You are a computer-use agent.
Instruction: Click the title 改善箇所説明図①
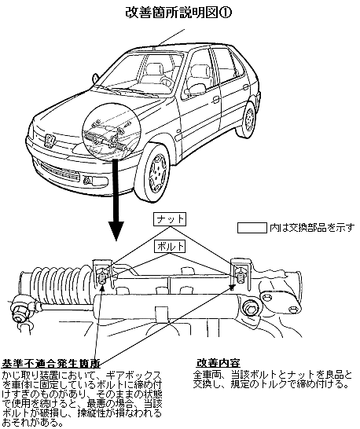pyautogui.click(x=178, y=13)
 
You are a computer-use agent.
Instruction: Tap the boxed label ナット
pyautogui.click(x=170, y=219)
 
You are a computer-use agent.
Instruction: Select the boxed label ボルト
pyautogui.click(x=170, y=247)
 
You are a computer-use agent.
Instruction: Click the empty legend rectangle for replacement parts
pyautogui.click(x=252, y=228)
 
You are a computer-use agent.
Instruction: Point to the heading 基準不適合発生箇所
pyautogui.click(x=51, y=364)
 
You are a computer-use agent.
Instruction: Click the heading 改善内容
pyautogui.click(x=219, y=363)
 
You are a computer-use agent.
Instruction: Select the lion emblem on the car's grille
pyautogui.click(x=50, y=140)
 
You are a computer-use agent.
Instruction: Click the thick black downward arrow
pyautogui.click(x=116, y=200)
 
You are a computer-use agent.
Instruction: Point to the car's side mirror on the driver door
pyautogui.click(x=197, y=89)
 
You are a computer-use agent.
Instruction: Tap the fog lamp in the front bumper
pyautogui.click(x=96, y=180)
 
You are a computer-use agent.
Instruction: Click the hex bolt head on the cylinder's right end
pyautogui.click(x=251, y=307)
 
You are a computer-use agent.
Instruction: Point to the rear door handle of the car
pyautogui.click(x=246, y=87)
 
